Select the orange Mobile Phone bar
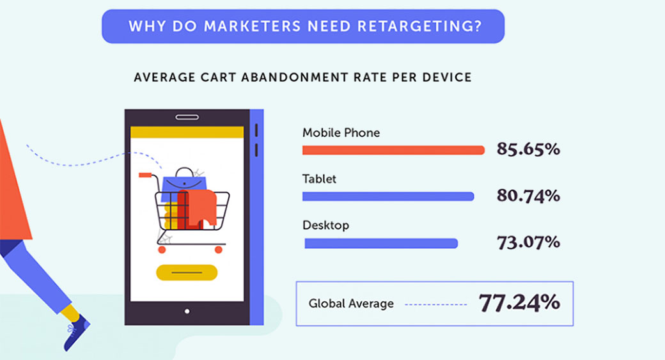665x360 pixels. (x=393, y=150)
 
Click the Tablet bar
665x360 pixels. (x=388, y=196)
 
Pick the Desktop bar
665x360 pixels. (x=381, y=243)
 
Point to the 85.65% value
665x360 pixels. (x=528, y=150)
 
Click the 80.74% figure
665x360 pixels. (x=528, y=196)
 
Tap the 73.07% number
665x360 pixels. (x=528, y=242)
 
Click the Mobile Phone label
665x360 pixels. (x=341, y=133)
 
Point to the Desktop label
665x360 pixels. (x=325, y=226)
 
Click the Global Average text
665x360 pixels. (x=351, y=304)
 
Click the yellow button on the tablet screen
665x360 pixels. (x=187, y=272)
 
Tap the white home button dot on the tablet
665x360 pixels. (x=187, y=311)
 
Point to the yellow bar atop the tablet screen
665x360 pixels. (x=187, y=132)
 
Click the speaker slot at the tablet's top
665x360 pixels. (x=187, y=117)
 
